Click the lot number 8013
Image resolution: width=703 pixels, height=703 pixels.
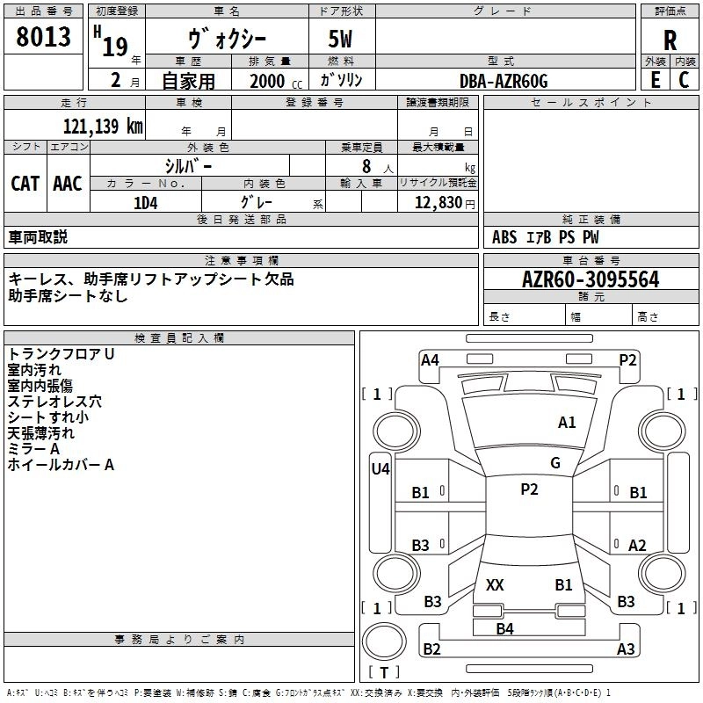44,38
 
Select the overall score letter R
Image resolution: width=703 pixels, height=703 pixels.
670,40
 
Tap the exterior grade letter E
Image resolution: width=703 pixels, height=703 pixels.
656,79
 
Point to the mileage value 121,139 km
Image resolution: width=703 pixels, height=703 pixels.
102,126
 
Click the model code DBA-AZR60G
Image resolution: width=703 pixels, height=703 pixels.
504,81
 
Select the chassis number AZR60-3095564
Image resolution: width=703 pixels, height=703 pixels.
591,280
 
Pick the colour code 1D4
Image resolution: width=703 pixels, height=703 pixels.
145,203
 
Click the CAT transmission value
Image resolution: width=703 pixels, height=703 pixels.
25,184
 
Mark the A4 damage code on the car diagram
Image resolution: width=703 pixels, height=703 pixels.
430,359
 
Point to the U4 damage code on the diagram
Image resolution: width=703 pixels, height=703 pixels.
380,469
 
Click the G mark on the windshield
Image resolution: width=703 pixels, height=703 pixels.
555,463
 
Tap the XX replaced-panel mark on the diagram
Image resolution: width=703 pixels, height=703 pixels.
495,584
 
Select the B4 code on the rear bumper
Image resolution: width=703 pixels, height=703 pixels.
504,628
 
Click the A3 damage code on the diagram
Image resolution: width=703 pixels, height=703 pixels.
626,649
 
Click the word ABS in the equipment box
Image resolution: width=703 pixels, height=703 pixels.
504,237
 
